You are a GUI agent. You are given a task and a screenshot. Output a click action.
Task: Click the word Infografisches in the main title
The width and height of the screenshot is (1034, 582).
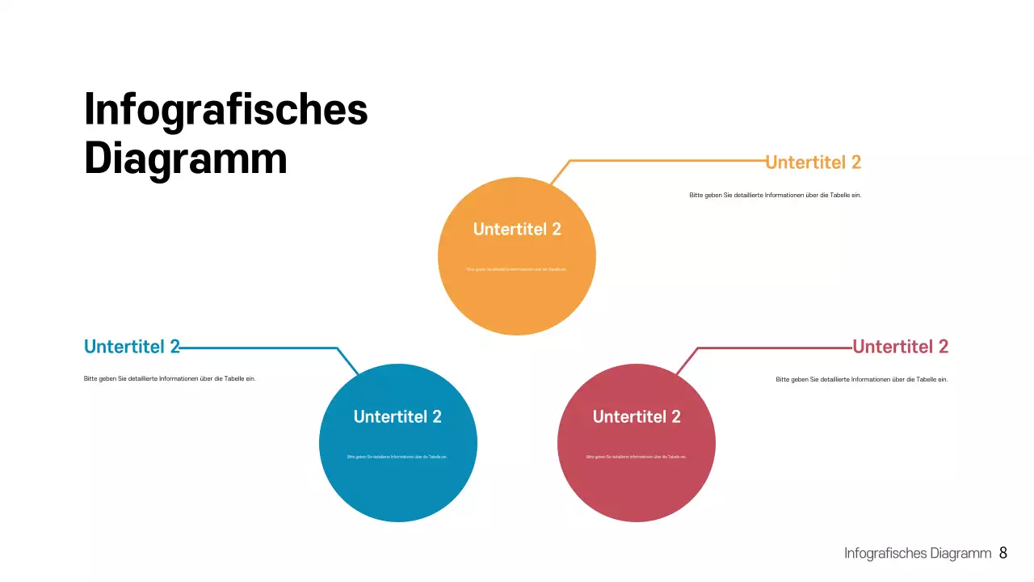pos(226,109)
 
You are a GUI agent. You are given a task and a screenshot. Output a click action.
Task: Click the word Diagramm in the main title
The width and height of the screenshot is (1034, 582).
pos(186,158)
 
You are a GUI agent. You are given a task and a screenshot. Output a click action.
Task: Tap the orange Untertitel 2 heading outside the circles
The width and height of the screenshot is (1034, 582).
pos(813,162)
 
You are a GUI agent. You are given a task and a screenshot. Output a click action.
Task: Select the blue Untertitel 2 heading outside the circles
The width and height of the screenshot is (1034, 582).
pos(132,347)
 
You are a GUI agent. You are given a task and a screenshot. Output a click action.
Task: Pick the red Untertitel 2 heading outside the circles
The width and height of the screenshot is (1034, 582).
pos(901,347)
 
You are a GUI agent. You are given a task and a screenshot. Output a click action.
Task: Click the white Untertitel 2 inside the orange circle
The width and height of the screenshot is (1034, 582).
pos(517,229)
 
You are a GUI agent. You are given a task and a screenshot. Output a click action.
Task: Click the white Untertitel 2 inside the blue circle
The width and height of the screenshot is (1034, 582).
pos(397,416)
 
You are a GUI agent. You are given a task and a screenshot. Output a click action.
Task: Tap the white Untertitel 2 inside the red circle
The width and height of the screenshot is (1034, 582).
pos(637,416)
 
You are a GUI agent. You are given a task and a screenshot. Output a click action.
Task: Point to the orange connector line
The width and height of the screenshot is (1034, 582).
pos(662,161)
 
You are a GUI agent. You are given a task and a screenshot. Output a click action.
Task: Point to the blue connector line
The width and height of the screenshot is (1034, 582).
pos(258,348)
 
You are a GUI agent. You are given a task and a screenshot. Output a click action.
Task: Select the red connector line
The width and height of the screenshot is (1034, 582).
pos(775,348)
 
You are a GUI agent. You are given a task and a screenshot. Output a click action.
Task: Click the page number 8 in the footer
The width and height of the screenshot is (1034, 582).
pos(1003,553)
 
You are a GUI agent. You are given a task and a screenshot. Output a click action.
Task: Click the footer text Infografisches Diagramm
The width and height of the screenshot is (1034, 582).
pos(917,554)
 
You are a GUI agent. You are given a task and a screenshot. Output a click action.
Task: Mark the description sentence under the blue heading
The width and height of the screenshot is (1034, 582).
pos(170,378)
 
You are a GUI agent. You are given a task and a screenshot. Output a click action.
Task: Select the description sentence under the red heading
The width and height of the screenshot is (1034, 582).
pos(861,379)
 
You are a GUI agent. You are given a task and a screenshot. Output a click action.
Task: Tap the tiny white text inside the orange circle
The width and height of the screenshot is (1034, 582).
pos(517,269)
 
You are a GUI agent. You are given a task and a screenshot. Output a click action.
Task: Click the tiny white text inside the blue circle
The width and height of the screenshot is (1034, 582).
pos(397,457)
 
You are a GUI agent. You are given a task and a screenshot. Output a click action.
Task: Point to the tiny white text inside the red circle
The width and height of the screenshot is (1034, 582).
pos(637,457)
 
